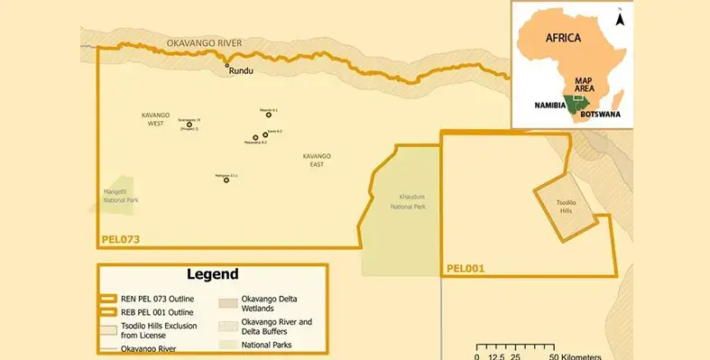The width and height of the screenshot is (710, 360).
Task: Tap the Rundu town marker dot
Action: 227,65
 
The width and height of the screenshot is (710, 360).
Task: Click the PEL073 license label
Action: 120,240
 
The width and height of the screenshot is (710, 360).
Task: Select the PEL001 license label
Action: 467,268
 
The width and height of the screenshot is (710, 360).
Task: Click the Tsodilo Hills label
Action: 566,207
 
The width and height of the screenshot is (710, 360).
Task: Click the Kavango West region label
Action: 155,118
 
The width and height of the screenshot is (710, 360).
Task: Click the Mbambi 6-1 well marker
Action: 269,115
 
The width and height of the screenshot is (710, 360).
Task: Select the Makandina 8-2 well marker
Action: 255,138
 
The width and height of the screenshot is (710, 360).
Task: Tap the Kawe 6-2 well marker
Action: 265,134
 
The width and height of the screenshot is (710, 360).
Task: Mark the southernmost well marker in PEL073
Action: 226,180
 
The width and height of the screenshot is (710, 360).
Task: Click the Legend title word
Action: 212,274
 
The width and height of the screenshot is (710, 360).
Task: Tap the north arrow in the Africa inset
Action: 620,16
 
